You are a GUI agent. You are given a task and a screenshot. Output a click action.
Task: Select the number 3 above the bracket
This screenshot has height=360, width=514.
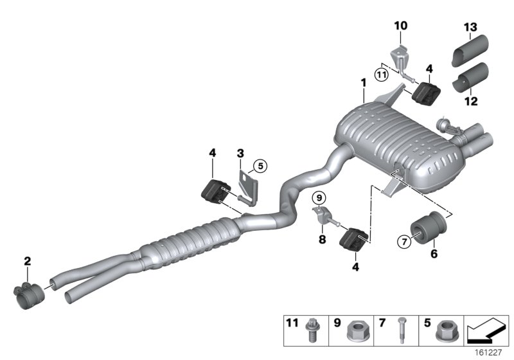point(240,154)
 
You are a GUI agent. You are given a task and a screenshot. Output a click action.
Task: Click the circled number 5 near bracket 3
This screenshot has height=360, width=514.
point(259,166)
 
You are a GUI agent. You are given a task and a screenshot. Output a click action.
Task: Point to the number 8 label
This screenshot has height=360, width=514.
point(322,240)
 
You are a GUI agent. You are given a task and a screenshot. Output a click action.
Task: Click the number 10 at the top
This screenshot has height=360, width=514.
point(400,26)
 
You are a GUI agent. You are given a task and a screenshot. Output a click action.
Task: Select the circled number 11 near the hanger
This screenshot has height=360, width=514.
point(382,75)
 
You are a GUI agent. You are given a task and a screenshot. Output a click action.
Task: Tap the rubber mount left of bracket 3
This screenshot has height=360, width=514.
point(216,191)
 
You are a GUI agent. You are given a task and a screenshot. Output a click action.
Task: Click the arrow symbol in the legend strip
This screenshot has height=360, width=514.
point(486,333)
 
